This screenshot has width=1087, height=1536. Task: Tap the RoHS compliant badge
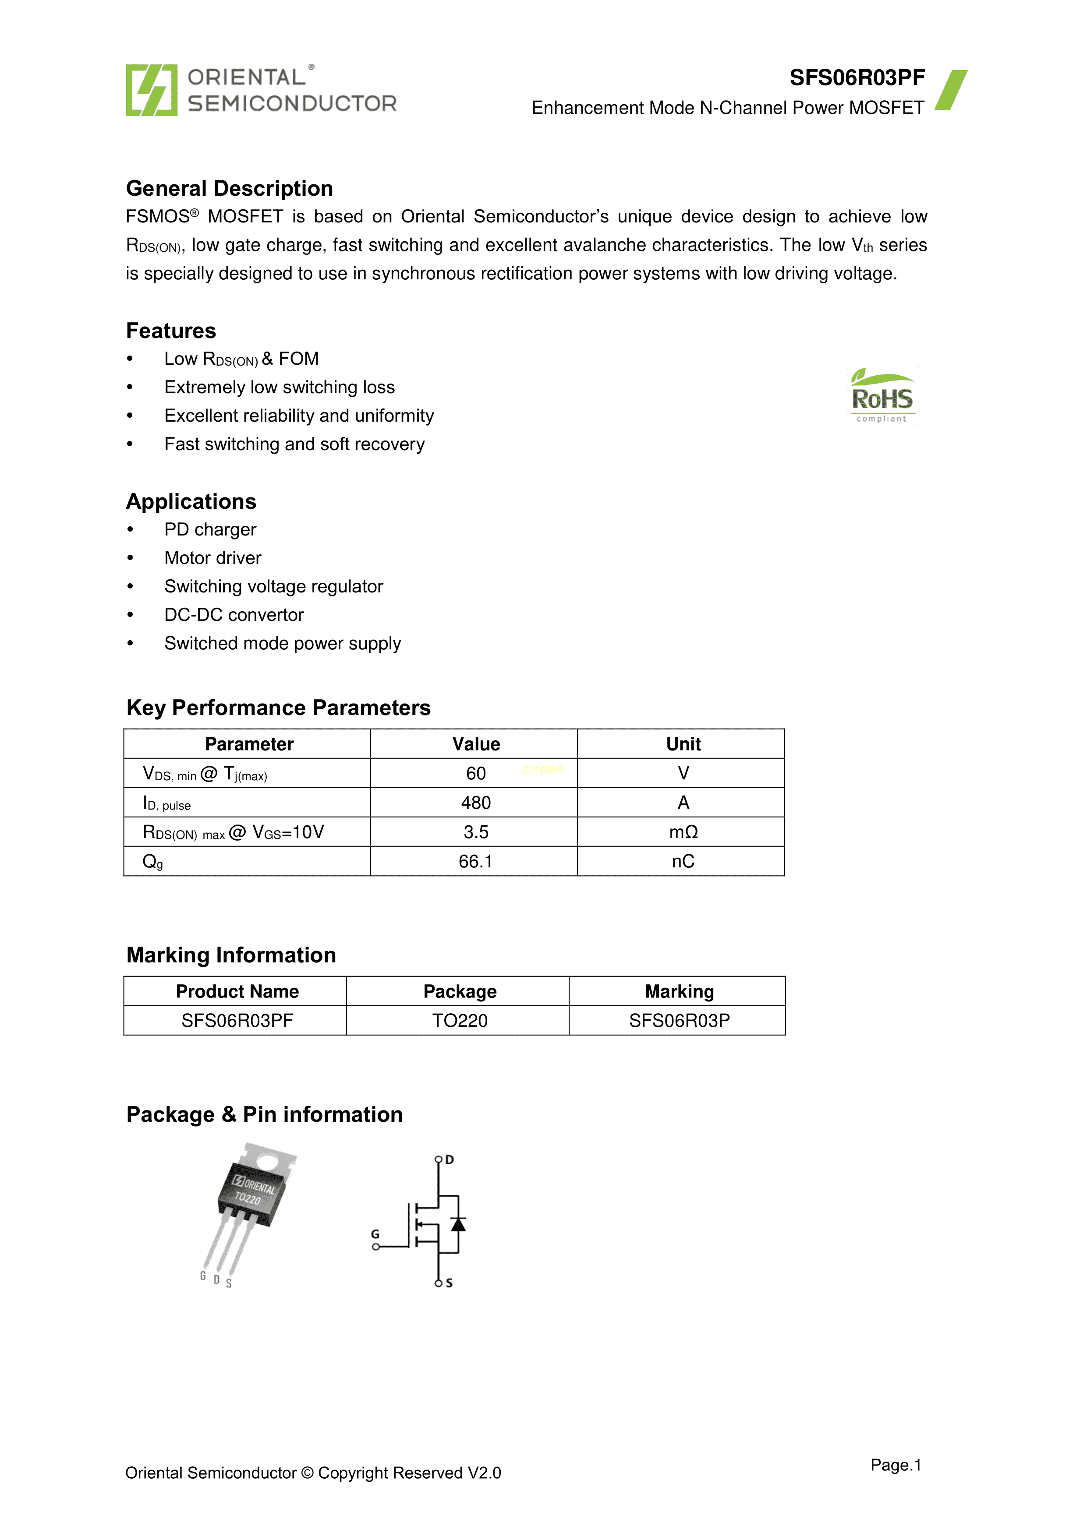pos(882,396)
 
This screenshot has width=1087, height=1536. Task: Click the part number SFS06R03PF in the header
pos(857,78)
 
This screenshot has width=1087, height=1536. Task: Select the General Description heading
pos(230,189)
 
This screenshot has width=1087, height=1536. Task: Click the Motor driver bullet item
pos(213,558)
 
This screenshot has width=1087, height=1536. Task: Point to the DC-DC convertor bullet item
pos(234,615)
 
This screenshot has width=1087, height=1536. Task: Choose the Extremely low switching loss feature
pos(280,388)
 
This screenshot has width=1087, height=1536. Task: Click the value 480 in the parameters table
pos(476,803)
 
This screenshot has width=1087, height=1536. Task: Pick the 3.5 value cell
pos(476,832)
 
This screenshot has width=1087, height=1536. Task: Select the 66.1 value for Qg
pos(476,862)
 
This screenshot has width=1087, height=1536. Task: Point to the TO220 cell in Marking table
pos(460,1021)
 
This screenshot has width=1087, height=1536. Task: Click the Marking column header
pos(680,991)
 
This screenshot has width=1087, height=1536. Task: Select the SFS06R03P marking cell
pos(680,1021)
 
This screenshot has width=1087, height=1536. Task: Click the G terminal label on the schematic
pos(375,1234)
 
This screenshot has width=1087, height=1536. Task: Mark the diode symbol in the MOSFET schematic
pos(458,1224)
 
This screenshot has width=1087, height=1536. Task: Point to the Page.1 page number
pos(896,1465)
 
